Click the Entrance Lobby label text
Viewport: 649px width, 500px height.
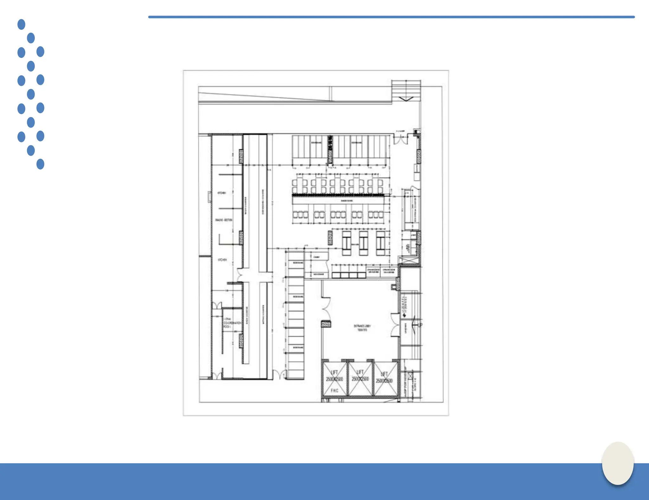[362, 328]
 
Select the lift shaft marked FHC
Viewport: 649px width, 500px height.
[335, 379]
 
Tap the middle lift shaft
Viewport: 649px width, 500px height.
[360, 378]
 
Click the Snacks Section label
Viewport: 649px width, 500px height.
[224, 220]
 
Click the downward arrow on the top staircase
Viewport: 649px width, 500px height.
[406, 99]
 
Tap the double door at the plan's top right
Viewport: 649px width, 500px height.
[401, 139]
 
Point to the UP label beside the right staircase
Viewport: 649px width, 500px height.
[420, 325]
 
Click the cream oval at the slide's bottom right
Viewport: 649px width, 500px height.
[618, 463]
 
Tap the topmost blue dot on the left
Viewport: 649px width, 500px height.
[21, 24]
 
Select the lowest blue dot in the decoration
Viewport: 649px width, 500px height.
[40, 164]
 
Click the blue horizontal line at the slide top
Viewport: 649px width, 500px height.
[391, 17]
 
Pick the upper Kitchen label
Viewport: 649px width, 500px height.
[222, 193]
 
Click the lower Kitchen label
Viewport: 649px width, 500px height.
[222, 260]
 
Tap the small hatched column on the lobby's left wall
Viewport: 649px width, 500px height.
[326, 324]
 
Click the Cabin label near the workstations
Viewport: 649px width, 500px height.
[316, 257]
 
